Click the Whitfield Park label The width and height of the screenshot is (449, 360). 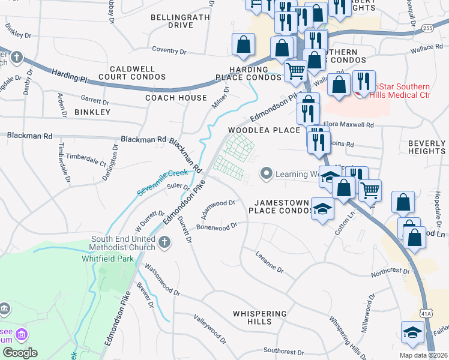click(x=107, y=259)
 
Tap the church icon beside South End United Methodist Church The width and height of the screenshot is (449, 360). click(x=165, y=242)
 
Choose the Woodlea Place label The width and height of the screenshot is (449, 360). click(x=264, y=130)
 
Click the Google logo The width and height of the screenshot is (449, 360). click(x=20, y=352)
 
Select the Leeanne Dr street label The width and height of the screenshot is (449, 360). click(x=270, y=269)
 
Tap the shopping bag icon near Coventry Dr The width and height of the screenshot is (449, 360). click(x=243, y=44)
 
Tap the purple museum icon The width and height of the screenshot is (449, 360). click(x=22, y=334)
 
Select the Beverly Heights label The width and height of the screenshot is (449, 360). click(x=426, y=148)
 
